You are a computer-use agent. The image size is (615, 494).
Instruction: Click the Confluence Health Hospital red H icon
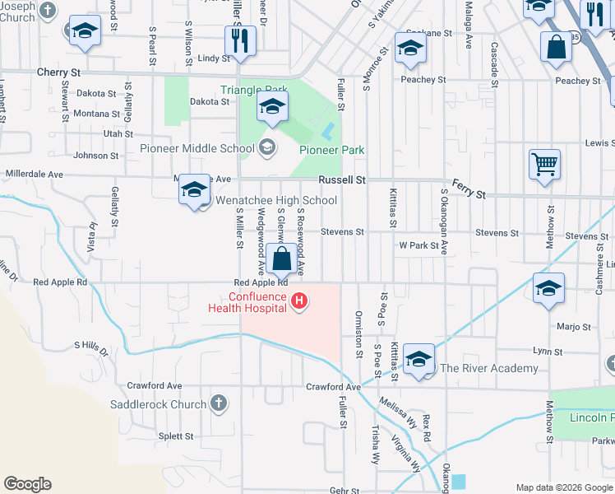click(x=299, y=302)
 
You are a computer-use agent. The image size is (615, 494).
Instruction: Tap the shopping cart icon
click(x=544, y=164)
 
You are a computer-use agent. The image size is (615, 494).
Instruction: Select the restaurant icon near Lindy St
click(x=239, y=40)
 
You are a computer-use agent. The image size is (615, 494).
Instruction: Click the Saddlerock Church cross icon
click(x=218, y=403)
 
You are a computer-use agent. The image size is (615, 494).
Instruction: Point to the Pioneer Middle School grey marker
click(x=266, y=148)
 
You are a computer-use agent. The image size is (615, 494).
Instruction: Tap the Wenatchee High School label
click(x=276, y=200)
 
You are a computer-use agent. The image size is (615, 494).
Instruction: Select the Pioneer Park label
click(x=331, y=150)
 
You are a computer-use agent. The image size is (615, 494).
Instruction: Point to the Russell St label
click(x=342, y=179)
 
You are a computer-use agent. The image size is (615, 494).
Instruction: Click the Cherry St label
click(x=58, y=72)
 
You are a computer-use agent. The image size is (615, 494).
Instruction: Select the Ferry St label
click(x=469, y=190)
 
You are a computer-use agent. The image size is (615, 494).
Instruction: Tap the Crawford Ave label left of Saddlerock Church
click(x=154, y=385)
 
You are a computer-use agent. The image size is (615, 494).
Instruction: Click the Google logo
click(x=27, y=484)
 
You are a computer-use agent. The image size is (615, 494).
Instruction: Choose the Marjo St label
click(x=574, y=326)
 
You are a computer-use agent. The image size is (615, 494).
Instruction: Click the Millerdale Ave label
click(x=35, y=175)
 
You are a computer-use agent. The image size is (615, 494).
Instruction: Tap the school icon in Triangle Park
click(x=272, y=106)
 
